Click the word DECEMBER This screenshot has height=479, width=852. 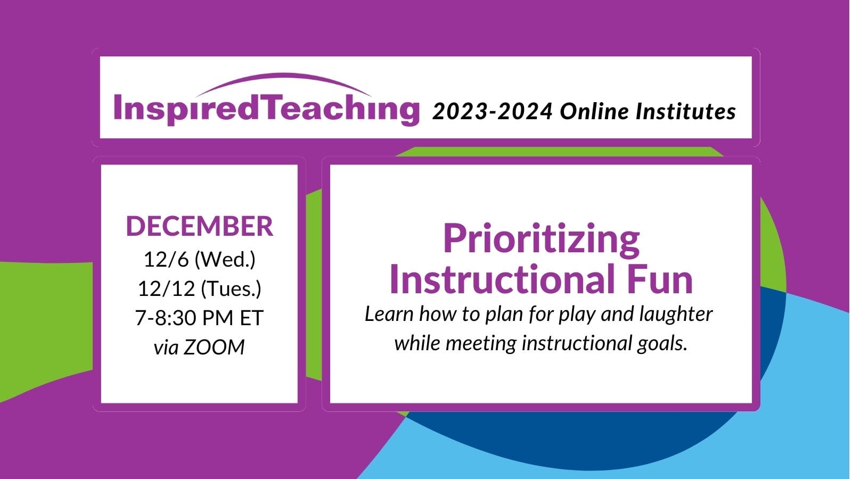[199, 226]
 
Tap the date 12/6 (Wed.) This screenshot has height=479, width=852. [199, 260]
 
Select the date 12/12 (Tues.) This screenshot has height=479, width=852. [199, 289]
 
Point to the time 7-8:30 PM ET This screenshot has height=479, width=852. [199, 318]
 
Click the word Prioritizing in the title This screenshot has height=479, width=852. [541, 238]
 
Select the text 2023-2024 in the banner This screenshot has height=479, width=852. [492, 112]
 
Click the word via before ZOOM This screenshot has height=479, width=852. [166, 348]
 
